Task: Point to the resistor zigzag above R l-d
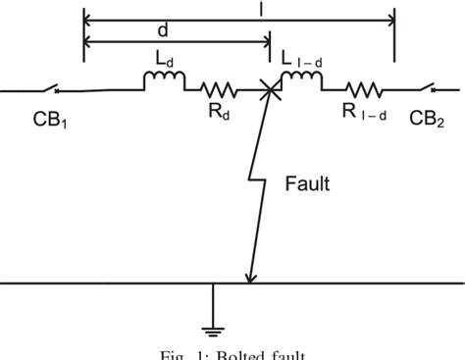363,90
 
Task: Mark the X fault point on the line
267,91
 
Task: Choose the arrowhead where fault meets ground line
251,279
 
